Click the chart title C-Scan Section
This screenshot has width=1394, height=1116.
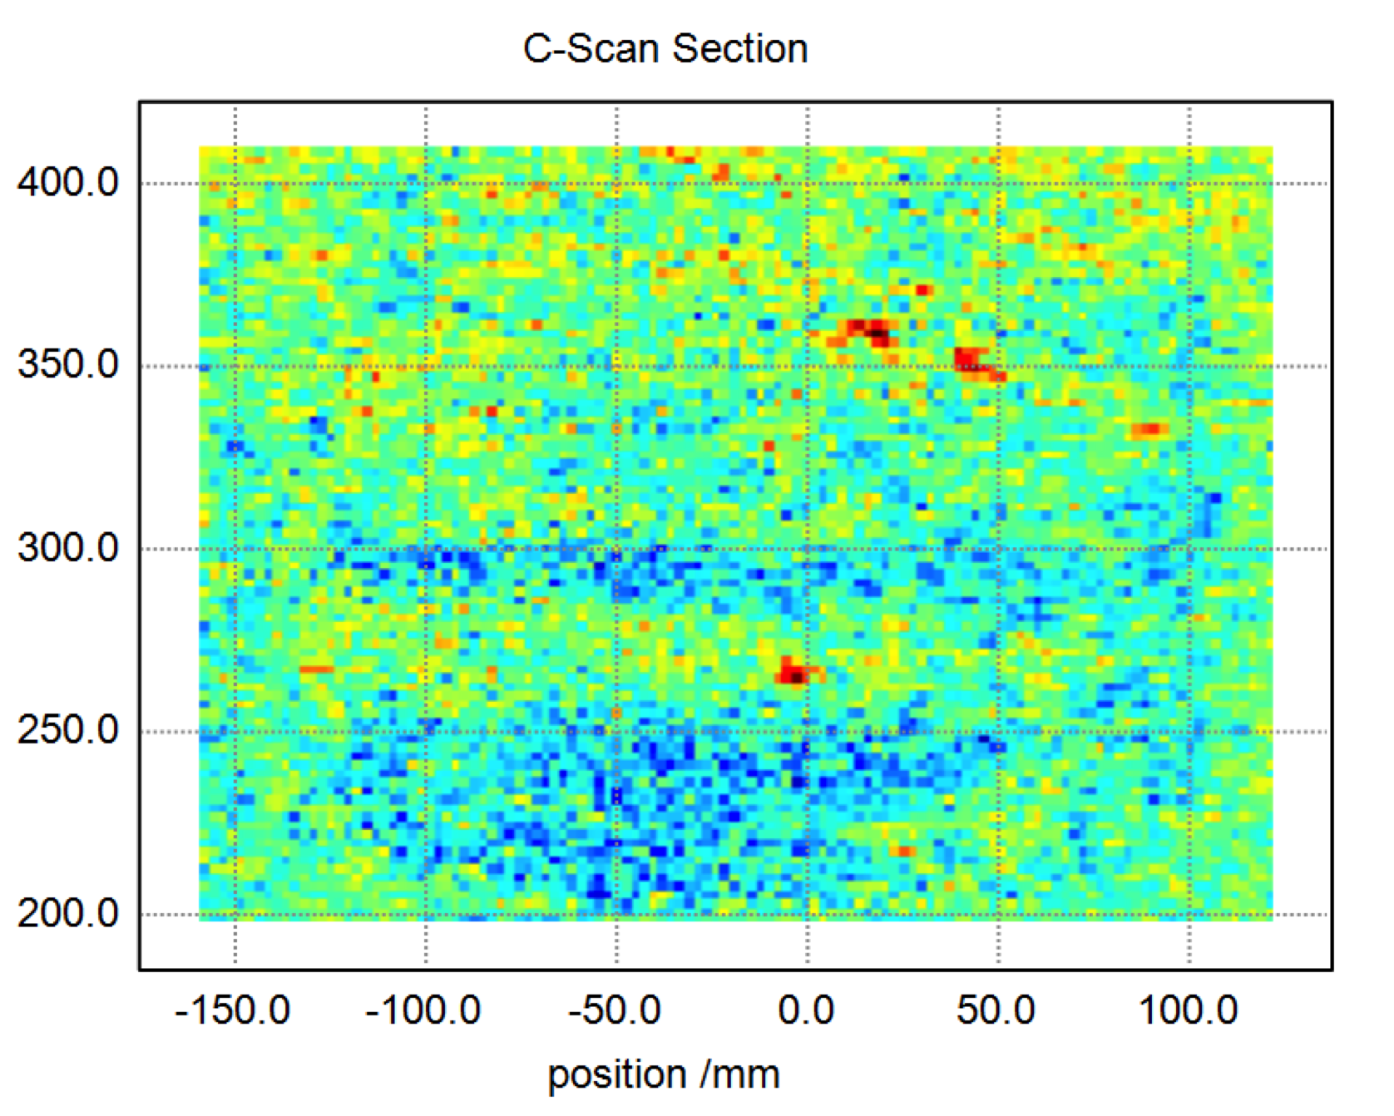(x=665, y=48)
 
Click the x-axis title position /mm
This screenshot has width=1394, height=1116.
(x=664, y=1074)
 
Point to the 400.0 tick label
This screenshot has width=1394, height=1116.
(x=68, y=182)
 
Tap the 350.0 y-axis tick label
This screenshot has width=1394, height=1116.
(x=68, y=364)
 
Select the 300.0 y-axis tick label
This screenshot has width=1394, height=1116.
(x=68, y=548)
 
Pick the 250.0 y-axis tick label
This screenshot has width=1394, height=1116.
(x=68, y=730)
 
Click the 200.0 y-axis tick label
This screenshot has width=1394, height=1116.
(x=68, y=914)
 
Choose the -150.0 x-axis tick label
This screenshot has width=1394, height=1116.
(x=233, y=1011)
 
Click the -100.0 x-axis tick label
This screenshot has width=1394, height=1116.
(x=423, y=1011)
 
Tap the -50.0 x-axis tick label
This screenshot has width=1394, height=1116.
(x=615, y=1011)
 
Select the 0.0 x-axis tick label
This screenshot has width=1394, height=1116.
(x=806, y=1011)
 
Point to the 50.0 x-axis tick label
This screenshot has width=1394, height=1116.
(x=996, y=1011)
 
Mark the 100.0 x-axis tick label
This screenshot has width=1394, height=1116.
(x=1188, y=1011)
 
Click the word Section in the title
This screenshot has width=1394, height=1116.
(x=740, y=48)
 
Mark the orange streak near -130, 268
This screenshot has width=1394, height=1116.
(x=316, y=669)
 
